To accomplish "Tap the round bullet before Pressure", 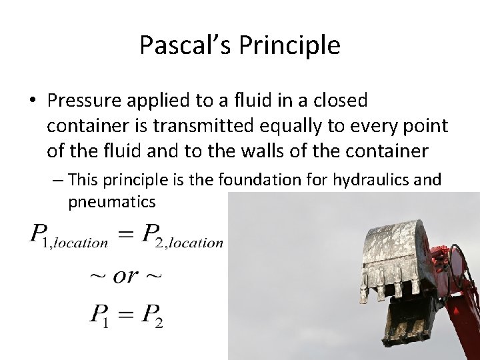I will [33, 101].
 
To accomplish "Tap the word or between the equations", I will [127, 275].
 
